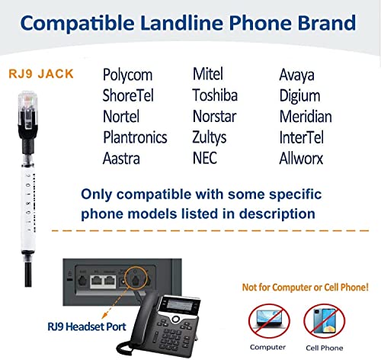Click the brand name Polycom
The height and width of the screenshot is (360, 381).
[127, 76]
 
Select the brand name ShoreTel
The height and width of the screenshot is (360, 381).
[131, 96]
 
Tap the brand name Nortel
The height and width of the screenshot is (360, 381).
[122, 117]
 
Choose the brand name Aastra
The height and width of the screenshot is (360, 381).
[123, 158]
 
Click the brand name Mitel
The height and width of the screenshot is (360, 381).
[207, 76]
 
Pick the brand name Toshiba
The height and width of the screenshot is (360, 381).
[216, 96]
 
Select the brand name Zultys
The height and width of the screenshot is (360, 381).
[211, 137]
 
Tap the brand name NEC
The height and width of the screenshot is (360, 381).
[205, 158]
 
